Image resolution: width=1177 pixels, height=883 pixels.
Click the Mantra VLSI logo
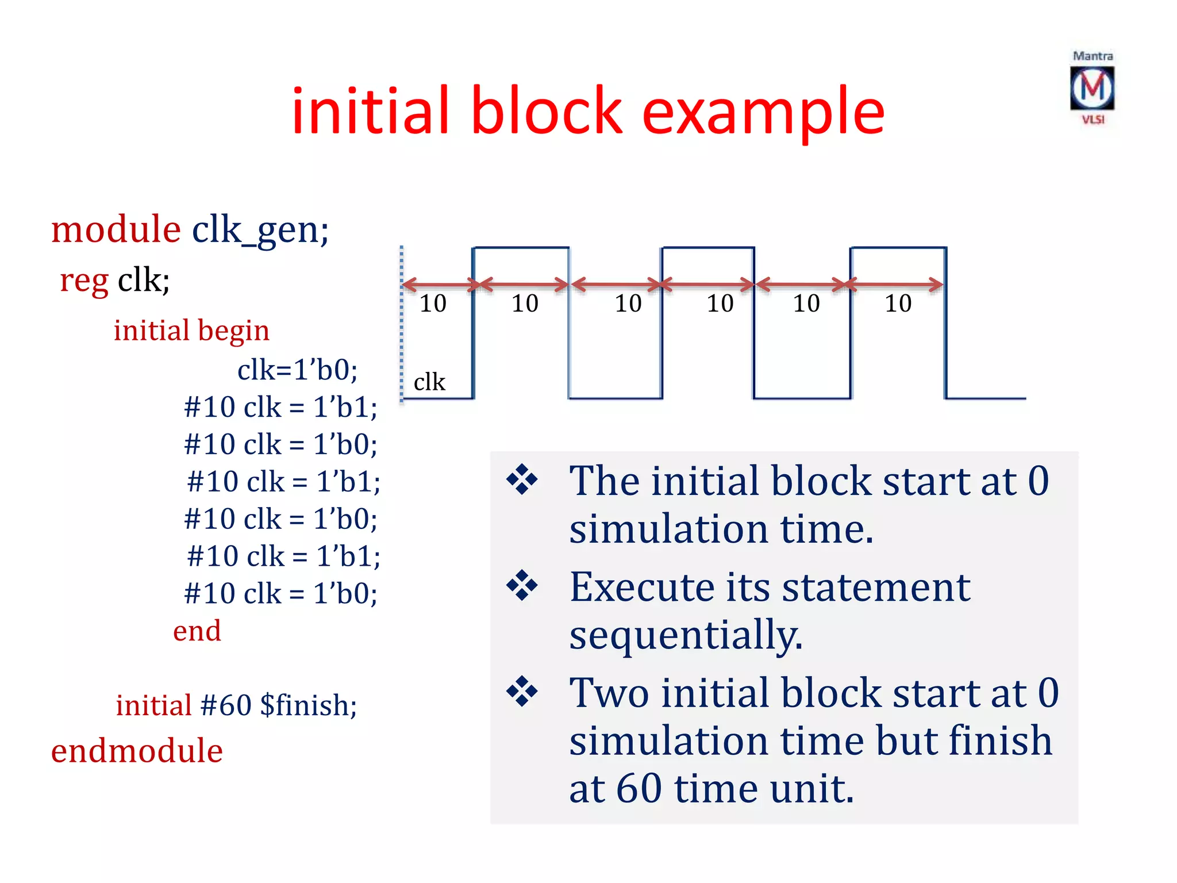pyautogui.click(x=1092, y=88)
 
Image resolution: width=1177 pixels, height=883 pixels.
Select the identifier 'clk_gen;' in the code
pyautogui.click(x=260, y=231)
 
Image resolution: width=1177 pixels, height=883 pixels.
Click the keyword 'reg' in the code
pyautogui.click(x=84, y=281)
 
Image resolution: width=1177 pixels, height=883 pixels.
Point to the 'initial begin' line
pyautogui.click(x=191, y=331)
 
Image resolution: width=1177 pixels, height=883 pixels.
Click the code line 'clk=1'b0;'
pyautogui.click(x=297, y=369)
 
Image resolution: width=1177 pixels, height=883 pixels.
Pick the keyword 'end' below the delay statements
pyautogui.click(x=197, y=631)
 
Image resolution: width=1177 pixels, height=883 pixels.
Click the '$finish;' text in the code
pyautogui.click(x=308, y=705)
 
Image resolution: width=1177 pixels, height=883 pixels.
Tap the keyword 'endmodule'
pyautogui.click(x=137, y=751)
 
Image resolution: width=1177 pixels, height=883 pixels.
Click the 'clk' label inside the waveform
pyautogui.click(x=429, y=382)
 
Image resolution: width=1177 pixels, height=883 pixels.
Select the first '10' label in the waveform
pyautogui.click(x=433, y=304)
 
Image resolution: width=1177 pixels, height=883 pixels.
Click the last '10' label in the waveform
pyautogui.click(x=898, y=304)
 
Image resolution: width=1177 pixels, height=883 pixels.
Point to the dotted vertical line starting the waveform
pyautogui.click(x=402, y=322)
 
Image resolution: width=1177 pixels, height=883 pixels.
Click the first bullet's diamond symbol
pyautogui.click(x=522, y=479)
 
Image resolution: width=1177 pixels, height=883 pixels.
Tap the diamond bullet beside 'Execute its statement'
pyautogui.click(x=522, y=586)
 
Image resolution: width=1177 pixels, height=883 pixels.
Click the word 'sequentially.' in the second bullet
pyautogui.click(x=686, y=635)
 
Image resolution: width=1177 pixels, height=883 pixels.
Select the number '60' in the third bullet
pyautogui.click(x=638, y=788)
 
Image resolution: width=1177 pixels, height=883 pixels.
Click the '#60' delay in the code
pyautogui.click(x=226, y=705)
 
